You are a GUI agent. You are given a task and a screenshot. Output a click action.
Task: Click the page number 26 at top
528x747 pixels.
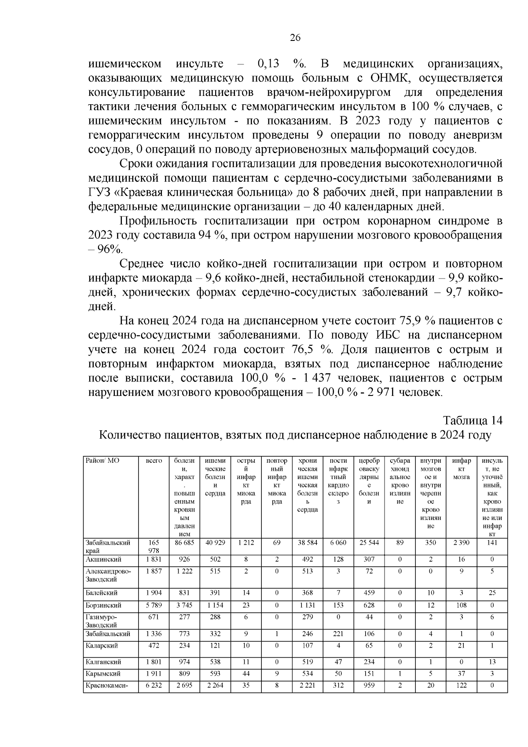[x=295, y=38]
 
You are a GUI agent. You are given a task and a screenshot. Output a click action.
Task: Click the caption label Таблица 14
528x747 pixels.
[x=472, y=420]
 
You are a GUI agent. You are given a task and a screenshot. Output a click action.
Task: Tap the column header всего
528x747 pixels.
[x=154, y=461]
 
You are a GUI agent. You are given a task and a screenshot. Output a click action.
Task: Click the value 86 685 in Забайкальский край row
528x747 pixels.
[x=184, y=543]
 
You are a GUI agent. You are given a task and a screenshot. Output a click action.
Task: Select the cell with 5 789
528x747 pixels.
[x=154, y=605]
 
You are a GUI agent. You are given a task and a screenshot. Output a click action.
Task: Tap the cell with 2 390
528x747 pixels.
[x=461, y=543]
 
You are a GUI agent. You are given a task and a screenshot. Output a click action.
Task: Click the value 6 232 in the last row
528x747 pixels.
[x=154, y=685]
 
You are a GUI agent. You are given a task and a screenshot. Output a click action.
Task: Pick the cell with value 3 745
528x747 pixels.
[x=184, y=605]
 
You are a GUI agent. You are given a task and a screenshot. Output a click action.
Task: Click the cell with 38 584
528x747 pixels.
[x=307, y=543]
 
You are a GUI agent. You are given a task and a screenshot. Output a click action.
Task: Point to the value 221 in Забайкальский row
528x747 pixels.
[x=338, y=634]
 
